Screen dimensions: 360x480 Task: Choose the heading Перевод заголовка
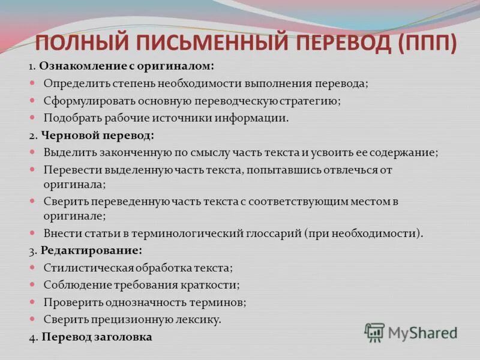point(96,337)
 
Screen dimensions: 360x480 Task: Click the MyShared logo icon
point(374,332)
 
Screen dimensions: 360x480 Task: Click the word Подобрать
point(68,118)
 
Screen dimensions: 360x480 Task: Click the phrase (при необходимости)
point(365,233)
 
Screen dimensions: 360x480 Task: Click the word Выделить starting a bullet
point(65,152)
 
